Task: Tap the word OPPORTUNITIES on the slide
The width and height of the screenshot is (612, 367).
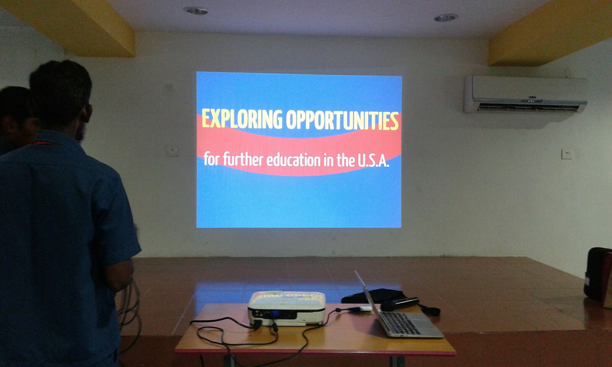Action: [x=342, y=120]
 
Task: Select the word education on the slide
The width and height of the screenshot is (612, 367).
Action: [x=293, y=160]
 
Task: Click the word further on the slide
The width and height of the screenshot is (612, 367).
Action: [x=243, y=159]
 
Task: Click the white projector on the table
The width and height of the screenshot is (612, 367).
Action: [x=286, y=308]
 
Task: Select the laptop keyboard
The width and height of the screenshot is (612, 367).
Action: [x=399, y=323]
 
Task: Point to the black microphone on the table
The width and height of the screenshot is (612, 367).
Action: [x=400, y=304]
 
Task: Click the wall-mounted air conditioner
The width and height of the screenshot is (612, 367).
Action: [x=526, y=94]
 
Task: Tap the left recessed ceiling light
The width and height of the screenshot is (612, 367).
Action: [x=195, y=11]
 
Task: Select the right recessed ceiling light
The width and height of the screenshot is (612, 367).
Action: [x=446, y=18]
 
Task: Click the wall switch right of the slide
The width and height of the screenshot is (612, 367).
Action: [x=566, y=154]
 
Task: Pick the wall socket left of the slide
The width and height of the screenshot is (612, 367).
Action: [x=173, y=151]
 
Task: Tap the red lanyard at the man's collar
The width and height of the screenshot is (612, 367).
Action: [x=44, y=143]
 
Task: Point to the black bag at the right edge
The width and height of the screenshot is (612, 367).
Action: [x=598, y=277]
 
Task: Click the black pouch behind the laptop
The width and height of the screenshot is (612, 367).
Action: [x=373, y=296]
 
